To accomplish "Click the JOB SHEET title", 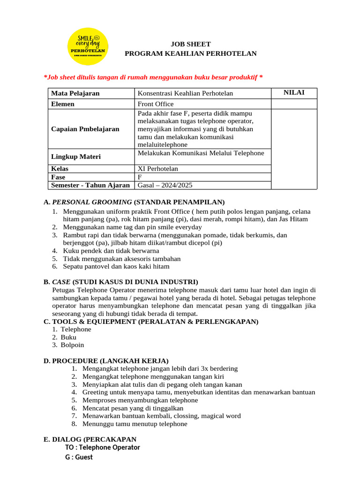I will (190, 44).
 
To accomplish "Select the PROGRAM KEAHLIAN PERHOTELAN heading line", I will (190, 53).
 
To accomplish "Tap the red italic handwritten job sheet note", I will (153, 77).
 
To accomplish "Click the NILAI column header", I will (294, 93).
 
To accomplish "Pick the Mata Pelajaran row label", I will (75, 93).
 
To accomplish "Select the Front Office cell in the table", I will (156, 104).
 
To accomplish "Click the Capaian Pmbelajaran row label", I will (85, 129).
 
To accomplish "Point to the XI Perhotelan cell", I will (158, 169).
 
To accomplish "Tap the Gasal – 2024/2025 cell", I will (165, 185).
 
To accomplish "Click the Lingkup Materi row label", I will (75, 157).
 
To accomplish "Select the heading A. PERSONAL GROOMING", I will (134, 202).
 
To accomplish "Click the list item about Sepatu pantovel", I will (116, 266).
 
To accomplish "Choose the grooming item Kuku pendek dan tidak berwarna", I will (111, 251).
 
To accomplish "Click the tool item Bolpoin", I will (72, 345).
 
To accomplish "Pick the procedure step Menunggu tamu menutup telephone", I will (135, 424).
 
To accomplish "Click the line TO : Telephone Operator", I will (103, 448).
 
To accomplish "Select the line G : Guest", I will (79, 457).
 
